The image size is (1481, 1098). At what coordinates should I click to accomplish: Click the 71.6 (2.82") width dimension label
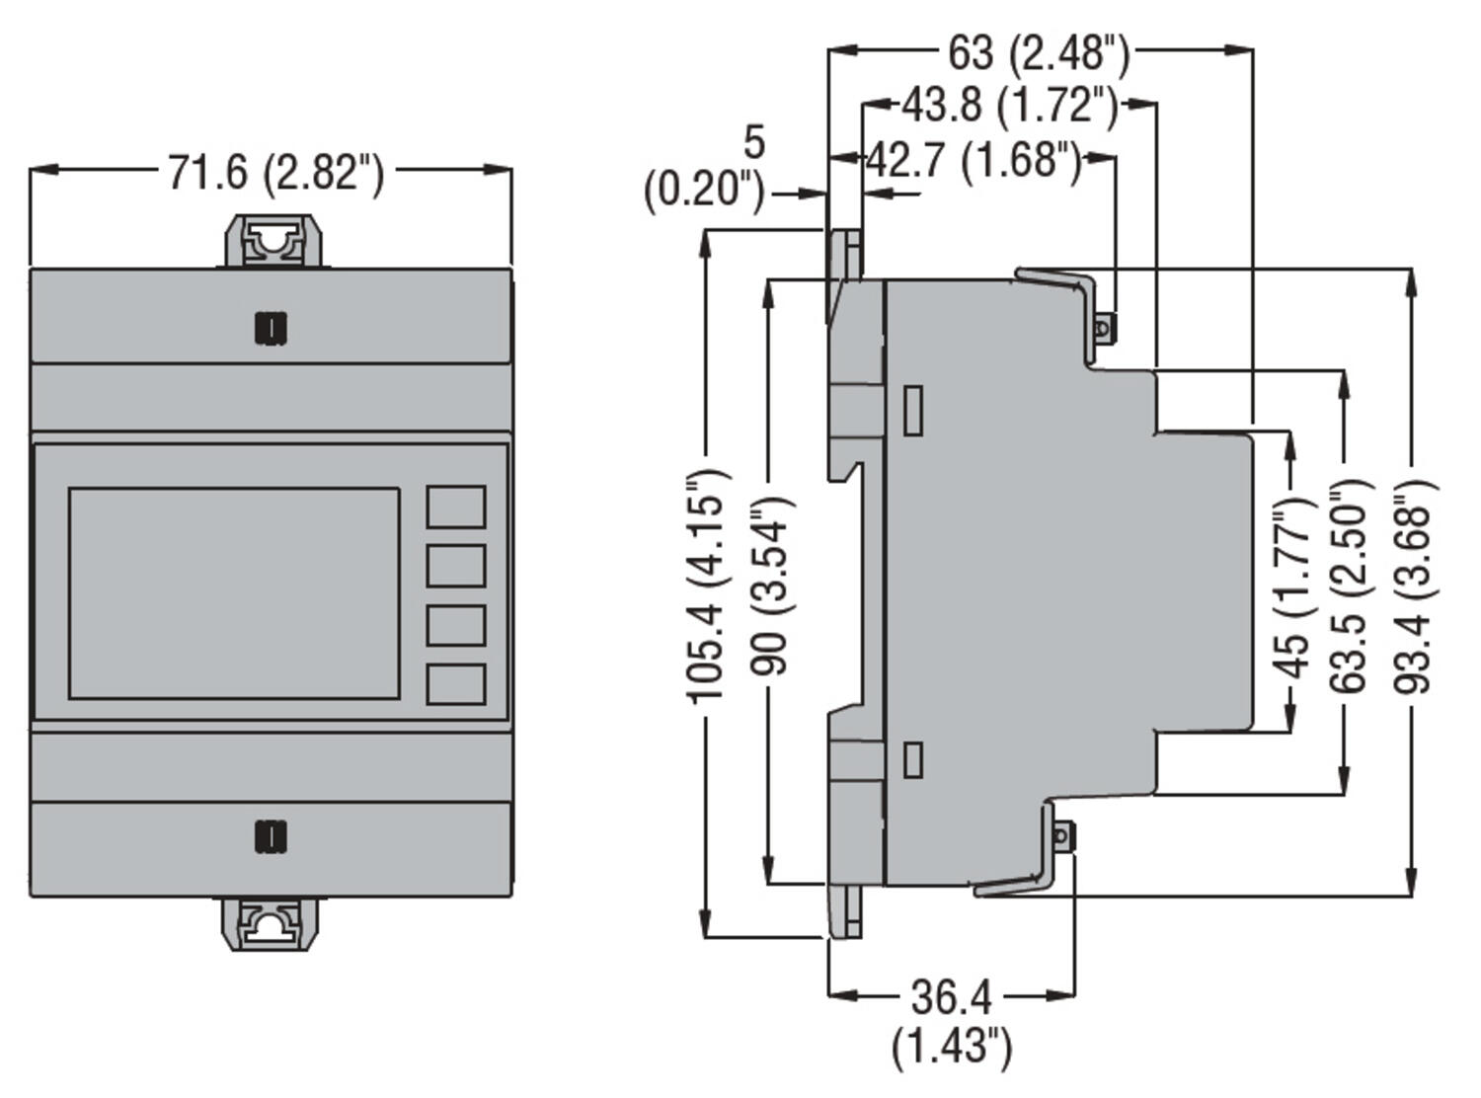pyautogui.click(x=274, y=173)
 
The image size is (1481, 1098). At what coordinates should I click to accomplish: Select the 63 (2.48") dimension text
pyautogui.click(x=1039, y=52)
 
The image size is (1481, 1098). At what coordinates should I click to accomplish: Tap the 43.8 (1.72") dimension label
pyautogui.click(x=1010, y=105)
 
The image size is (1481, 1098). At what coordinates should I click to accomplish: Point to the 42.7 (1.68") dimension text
pyautogui.click(x=974, y=159)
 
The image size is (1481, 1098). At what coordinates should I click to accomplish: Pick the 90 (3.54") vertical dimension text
pyautogui.click(x=771, y=587)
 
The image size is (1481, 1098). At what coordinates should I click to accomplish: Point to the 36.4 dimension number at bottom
pyautogui.click(x=951, y=997)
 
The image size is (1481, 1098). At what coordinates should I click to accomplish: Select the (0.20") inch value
pyautogui.click(x=704, y=189)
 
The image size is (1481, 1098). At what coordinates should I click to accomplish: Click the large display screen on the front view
pyautogui.click(x=234, y=592)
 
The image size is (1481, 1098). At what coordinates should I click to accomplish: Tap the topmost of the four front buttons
pyautogui.click(x=455, y=507)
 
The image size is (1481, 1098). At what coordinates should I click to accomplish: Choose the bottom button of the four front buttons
pyautogui.click(x=455, y=684)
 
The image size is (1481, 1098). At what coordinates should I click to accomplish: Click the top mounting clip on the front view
pyautogui.click(x=272, y=242)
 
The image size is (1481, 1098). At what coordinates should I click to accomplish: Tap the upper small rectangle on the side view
pyautogui.click(x=913, y=411)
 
